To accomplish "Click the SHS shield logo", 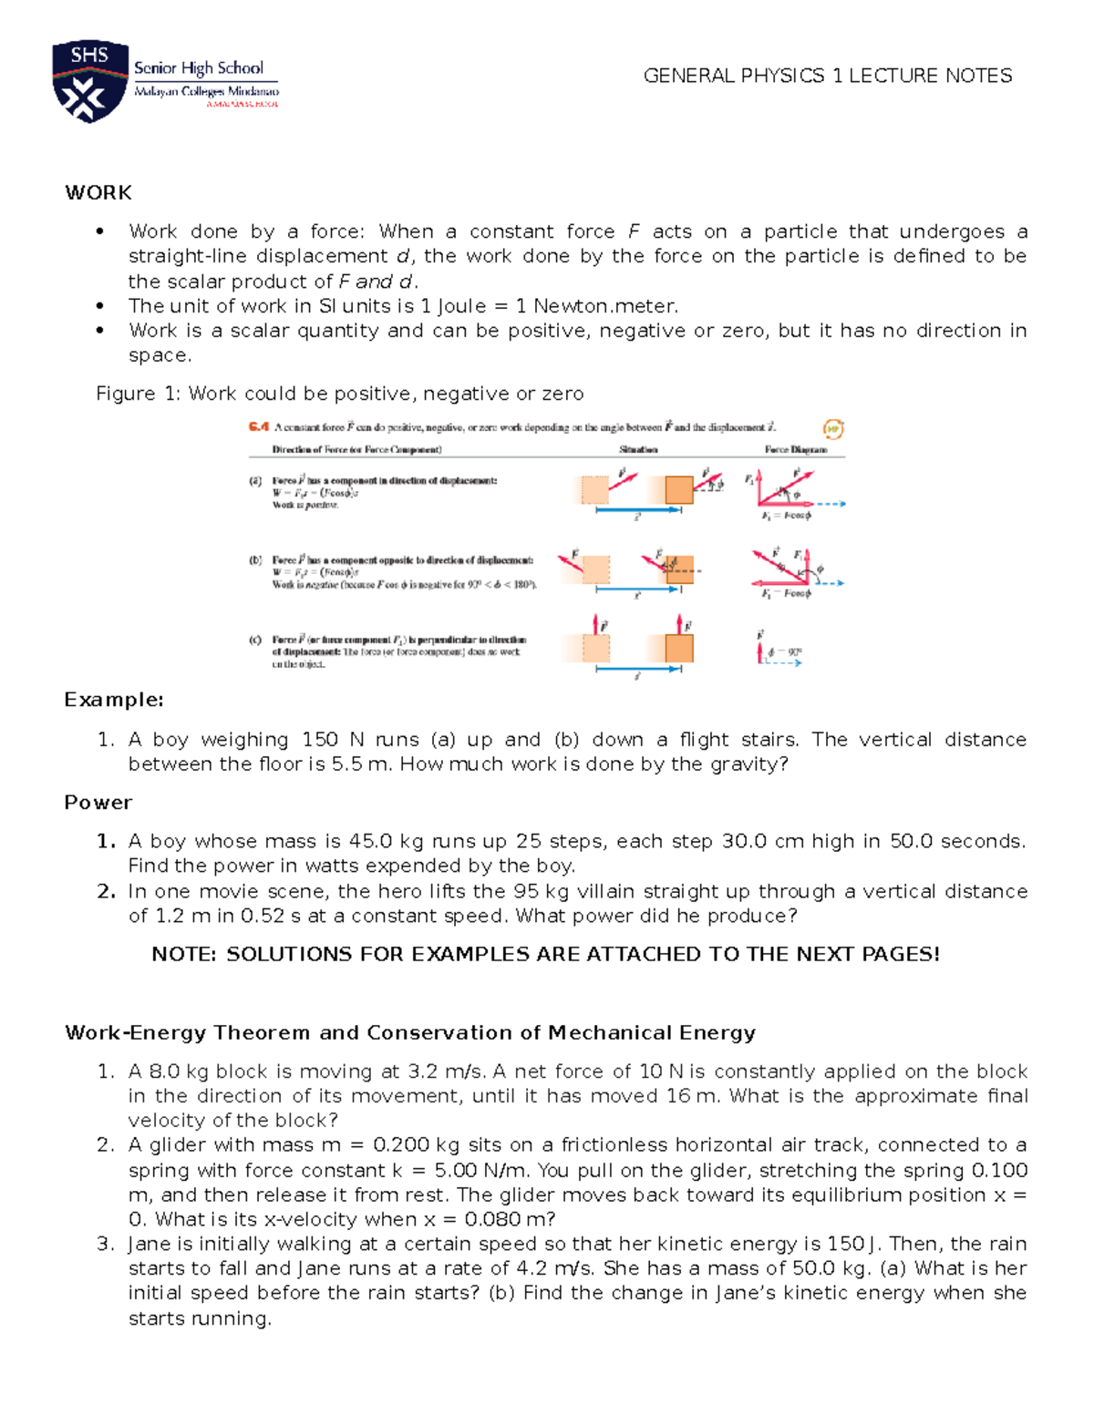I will [89, 81].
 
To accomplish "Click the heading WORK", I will [98, 192].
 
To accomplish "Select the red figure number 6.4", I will [259, 426].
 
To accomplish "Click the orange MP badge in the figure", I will [832, 428].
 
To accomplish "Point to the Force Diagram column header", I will [795, 449].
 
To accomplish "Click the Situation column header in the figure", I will [638, 449].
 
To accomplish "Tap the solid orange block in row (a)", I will [679, 490].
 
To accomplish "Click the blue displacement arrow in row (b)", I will [638, 590].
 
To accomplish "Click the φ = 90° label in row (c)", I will [785, 651].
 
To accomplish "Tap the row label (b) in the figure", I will [255, 560].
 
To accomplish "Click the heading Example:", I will [114, 700].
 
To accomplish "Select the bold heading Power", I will [98, 803].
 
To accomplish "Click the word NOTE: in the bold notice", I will [184, 954].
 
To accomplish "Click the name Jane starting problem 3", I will [147, 1245].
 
